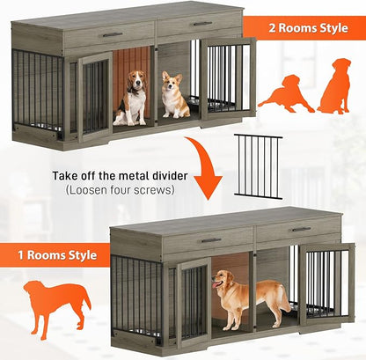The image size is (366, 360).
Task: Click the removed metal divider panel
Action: coord(258,166)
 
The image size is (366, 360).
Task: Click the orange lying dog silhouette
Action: coord(285,92)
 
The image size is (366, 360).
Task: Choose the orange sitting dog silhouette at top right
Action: coord(334,86)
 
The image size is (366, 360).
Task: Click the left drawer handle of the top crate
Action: coord(112,34)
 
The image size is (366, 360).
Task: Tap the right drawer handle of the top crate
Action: coord(202,24)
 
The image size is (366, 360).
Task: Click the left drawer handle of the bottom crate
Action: coord(209,239)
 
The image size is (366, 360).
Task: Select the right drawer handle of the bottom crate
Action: coord(300,230)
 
